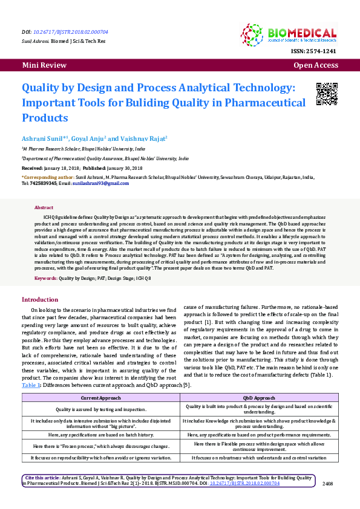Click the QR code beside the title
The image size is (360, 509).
327,93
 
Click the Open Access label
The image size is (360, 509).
316,65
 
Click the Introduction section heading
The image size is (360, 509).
40,300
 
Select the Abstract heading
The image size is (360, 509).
44,207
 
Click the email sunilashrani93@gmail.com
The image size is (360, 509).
100,183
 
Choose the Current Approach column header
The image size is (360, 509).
101,398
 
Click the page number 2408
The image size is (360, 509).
328,483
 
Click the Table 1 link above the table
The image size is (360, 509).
31,384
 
